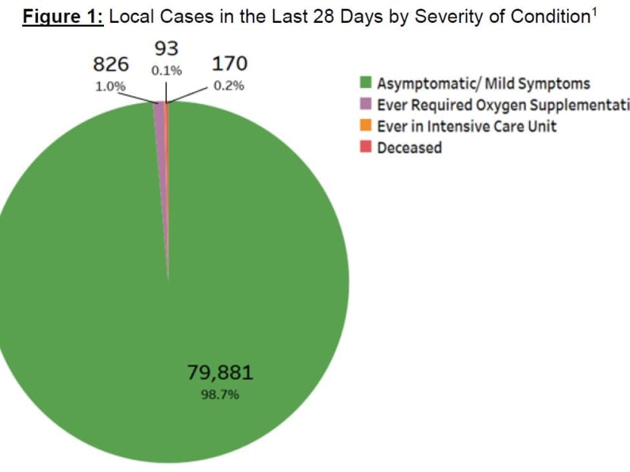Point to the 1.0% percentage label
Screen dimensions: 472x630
[x=110, y=86]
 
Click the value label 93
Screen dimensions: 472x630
[x=166, y=49]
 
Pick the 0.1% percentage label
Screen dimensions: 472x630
[x=166, y=71]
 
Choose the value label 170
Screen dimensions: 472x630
[x=229, y=64]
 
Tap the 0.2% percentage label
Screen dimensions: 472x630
[x=228, y=86]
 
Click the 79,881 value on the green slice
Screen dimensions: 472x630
[x=220, y=373]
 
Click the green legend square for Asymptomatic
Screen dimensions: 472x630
[x=365, y=83]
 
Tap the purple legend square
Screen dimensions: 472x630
[x=365, y=105]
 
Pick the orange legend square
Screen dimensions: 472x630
[x=365, y=126]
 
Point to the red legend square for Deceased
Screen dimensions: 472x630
[x=365, y=147]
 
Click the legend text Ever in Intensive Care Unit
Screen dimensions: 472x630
[x=467, y=126]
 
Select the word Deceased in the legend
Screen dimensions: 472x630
[x=409, y=147]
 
